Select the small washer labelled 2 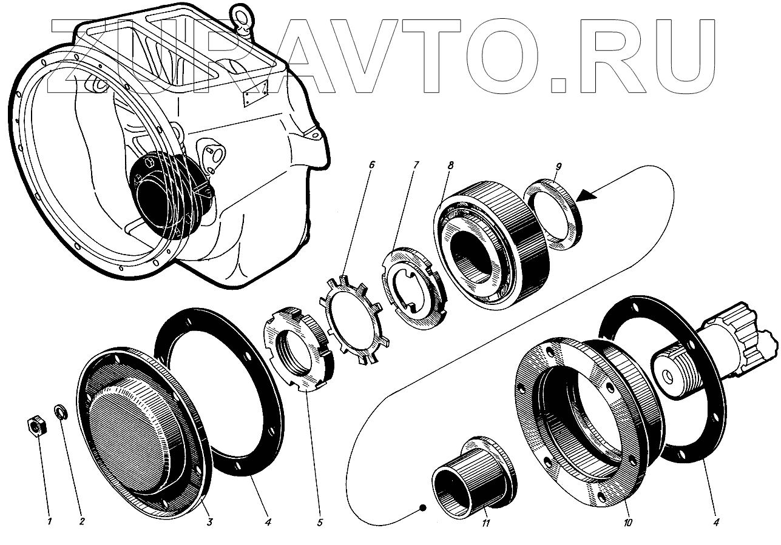(61, 412)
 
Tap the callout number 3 (209, 522)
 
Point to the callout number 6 (371, 164)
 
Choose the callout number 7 (415, 164)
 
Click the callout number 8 (450, 166)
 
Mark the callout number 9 (558, 167)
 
